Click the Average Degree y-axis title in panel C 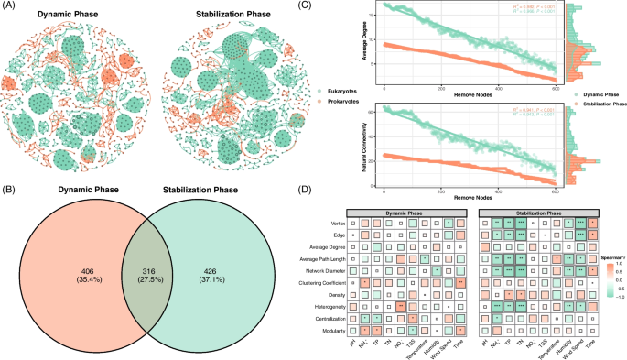[x=364, y=46]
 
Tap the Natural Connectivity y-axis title [x=364, y=137]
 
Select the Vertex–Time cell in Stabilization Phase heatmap [x=593, y=223]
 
